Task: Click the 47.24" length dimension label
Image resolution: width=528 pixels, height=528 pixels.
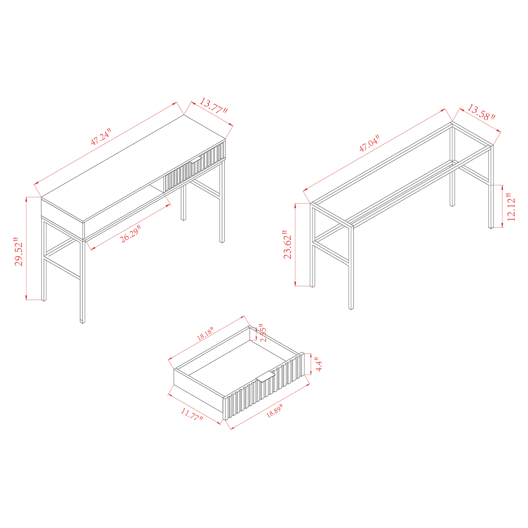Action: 101,136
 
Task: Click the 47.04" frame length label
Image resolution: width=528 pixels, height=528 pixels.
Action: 370,143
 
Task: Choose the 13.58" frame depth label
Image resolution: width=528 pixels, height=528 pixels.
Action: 481,112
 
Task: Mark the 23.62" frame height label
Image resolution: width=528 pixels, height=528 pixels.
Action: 288,245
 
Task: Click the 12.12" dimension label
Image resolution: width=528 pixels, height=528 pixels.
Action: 511,207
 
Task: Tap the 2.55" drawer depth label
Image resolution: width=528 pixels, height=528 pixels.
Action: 263,333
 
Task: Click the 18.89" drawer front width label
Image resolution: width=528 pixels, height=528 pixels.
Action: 274,411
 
